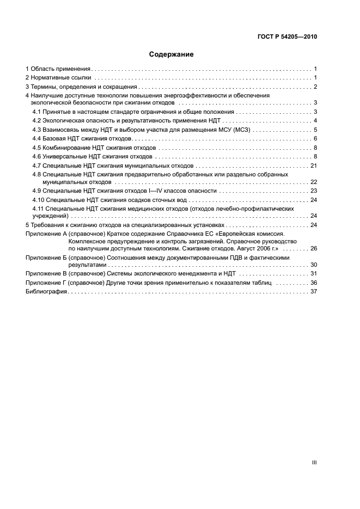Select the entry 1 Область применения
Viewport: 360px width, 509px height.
pyautogui.click(x=58, y=69)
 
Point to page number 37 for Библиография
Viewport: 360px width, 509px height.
pyautogui.click(x=313, y=292)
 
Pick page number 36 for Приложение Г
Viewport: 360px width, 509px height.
pyautogui.click(x=313, y=283)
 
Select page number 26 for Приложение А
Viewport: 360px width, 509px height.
pyautogui.click(x=313, y=248)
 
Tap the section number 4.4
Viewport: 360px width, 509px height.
pyautogui.click(x=37, y=139)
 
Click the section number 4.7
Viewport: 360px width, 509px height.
pyautogui.click(x=37, y=165)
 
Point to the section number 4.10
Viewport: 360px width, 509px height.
pyautogui.click(x=39, y=200)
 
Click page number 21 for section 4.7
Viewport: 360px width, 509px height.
pyautogui.click(x=313, y=165)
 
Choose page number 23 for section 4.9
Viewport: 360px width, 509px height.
pyautogui.click(x=313, y=191)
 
